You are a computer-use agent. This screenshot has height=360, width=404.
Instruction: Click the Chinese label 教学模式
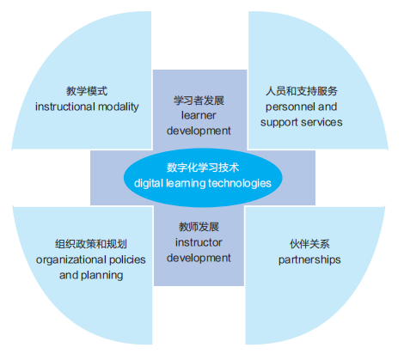87,91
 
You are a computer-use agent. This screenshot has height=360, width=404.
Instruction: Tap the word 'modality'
119,107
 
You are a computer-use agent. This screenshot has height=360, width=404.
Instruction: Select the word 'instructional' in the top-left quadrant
65,107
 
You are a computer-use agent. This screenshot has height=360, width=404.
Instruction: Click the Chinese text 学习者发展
199,101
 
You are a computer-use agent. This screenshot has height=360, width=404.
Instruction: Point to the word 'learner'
199,115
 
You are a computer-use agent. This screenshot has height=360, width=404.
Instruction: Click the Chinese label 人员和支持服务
302,91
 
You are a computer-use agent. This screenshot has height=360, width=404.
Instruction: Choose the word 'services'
321,122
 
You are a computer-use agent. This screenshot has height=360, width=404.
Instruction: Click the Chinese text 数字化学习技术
203,168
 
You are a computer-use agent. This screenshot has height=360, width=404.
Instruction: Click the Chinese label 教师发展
199,227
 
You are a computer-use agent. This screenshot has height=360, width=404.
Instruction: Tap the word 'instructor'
199,242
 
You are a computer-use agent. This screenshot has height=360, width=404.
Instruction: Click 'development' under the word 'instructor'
199,258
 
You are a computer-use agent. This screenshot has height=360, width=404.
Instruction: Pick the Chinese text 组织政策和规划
91,244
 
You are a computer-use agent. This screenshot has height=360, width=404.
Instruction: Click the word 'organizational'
71,259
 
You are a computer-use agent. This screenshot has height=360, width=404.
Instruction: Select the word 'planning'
102,275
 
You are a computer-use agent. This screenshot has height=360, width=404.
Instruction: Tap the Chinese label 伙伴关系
309,244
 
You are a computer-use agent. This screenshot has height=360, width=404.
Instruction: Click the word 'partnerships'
309,259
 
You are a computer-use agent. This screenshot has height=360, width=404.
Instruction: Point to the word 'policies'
127,259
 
